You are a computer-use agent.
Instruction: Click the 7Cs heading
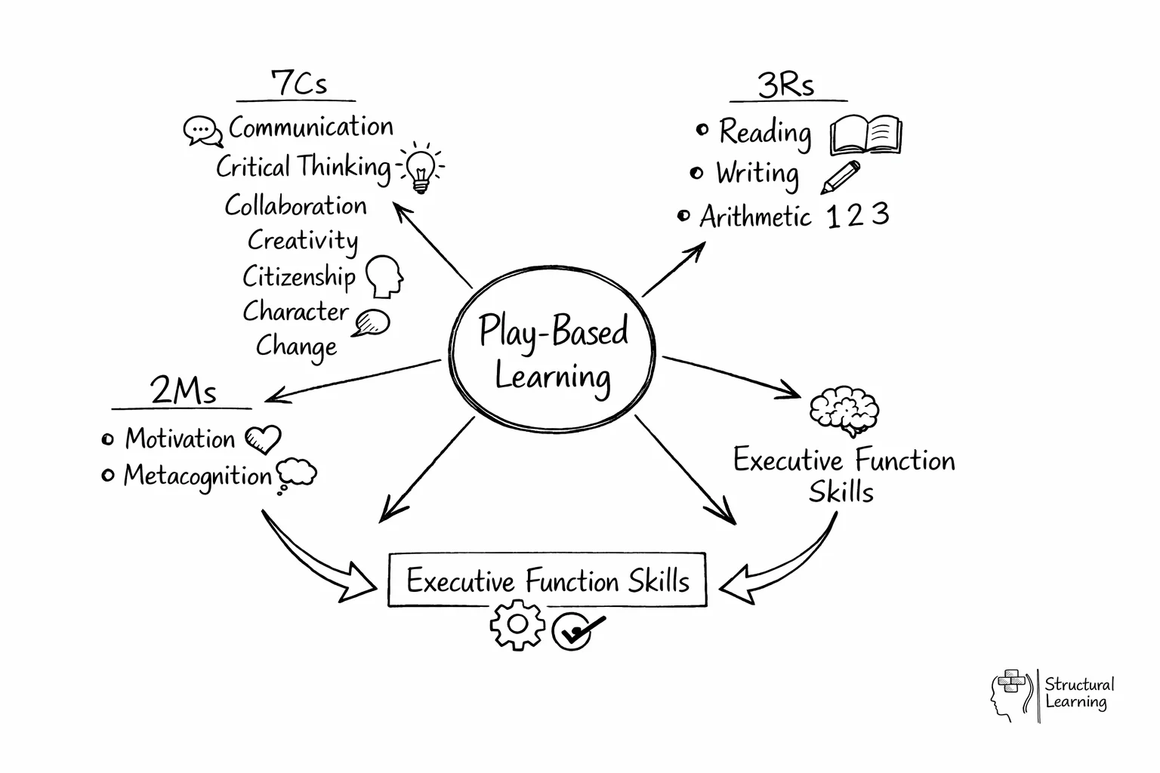299,83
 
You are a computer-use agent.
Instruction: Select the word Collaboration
295,206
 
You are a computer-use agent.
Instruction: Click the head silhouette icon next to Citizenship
384,276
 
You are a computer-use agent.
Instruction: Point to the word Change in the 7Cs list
296,346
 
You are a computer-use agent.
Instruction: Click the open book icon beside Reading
865,135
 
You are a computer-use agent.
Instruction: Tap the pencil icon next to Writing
840,177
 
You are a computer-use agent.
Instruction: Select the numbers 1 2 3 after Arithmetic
858,216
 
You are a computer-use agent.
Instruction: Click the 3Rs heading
786,85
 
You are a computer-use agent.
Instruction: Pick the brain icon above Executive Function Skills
844,411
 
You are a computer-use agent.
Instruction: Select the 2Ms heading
184,391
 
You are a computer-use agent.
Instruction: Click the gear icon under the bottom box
517,624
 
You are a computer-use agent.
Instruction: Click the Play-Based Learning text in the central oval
553,353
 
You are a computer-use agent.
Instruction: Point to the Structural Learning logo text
1078,693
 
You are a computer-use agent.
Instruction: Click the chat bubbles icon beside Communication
203,131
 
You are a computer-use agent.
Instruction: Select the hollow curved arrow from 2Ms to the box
317,562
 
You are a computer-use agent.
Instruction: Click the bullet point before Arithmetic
683,217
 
